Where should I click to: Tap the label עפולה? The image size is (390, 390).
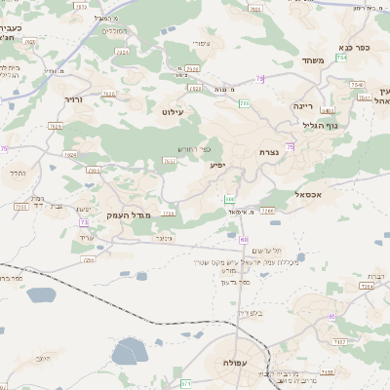point(236,361)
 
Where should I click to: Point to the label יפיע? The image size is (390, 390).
point(216,165)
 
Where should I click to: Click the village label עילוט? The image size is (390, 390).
point(185,112)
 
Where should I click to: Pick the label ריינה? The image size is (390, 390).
point(302,104)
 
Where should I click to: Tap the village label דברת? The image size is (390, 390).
point(373,275)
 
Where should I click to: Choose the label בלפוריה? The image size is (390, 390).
point(250,313)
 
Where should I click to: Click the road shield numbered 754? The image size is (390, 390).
point(370,58)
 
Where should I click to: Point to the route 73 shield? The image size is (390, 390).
point(85,221)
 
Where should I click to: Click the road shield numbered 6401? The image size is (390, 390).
point(328,111)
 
